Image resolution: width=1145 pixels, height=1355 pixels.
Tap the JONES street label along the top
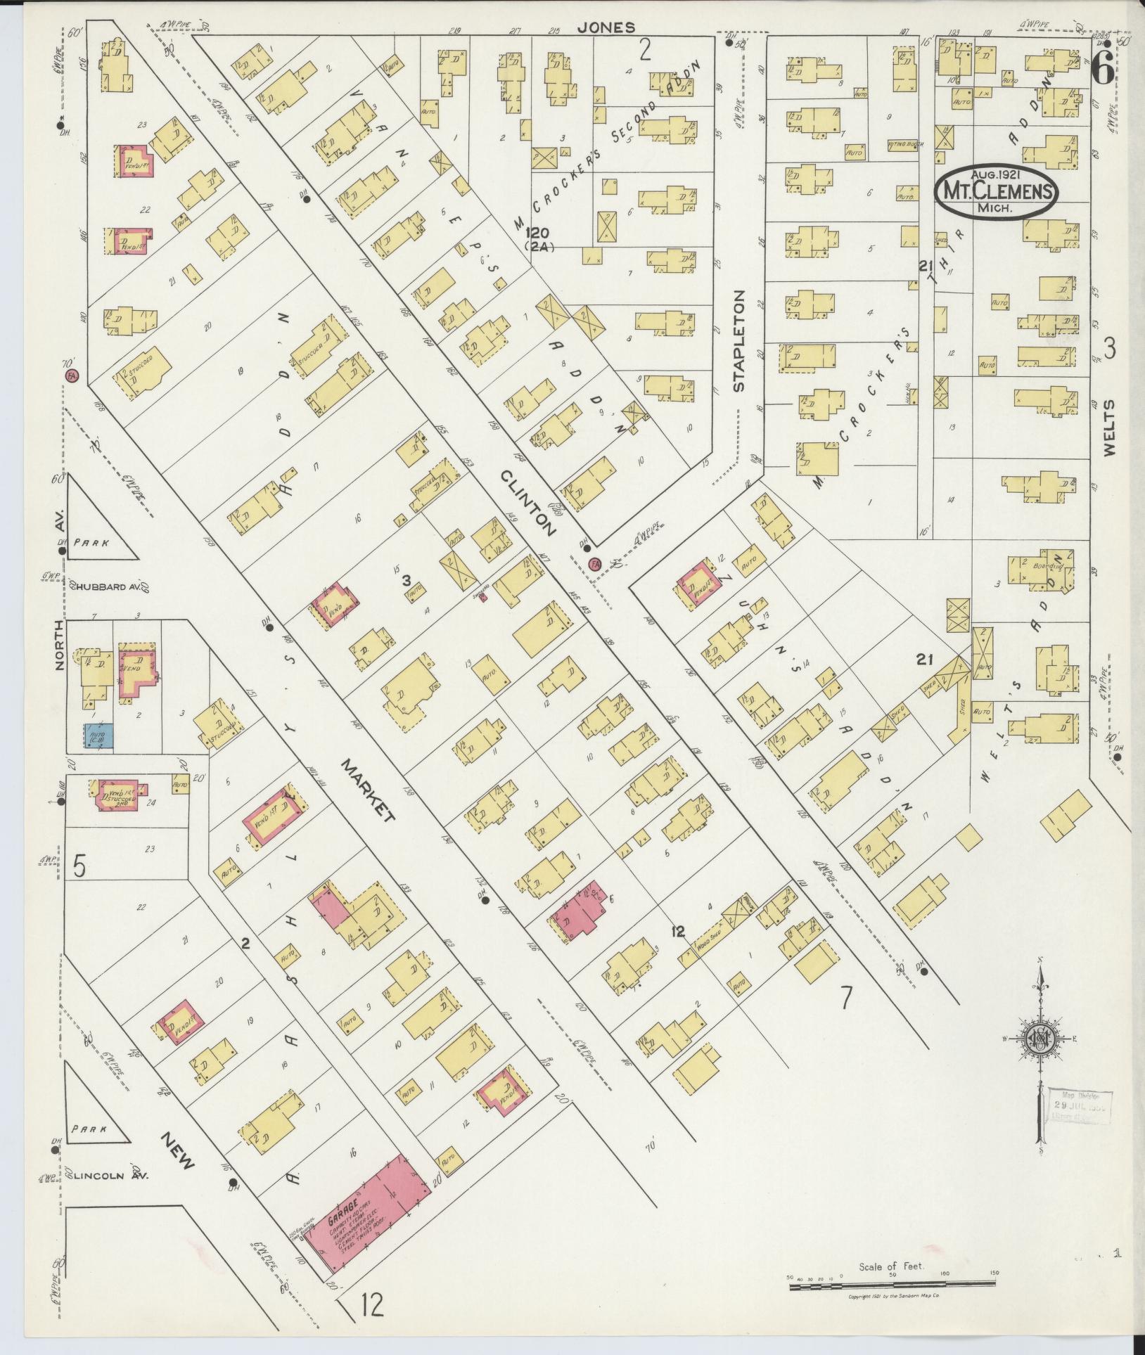point(606,27)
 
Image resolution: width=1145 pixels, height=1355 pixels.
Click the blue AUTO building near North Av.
point(98,736)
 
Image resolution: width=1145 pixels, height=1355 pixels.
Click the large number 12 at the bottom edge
point(373,1306)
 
